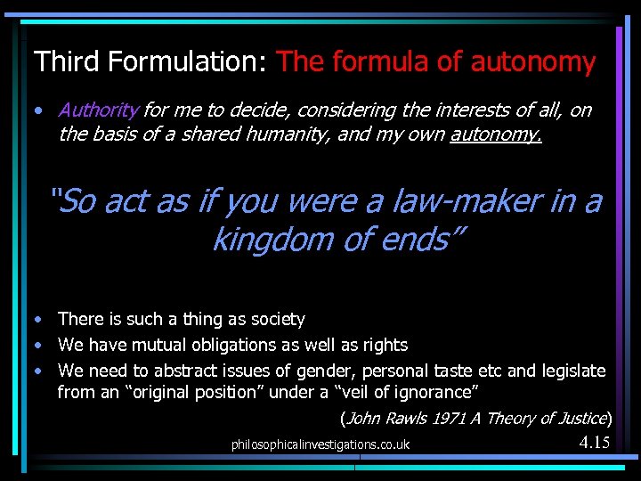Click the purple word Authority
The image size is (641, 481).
click(98, 110)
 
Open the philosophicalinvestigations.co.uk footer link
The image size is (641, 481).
click(320, 444)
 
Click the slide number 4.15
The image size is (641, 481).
click(594, 442)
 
